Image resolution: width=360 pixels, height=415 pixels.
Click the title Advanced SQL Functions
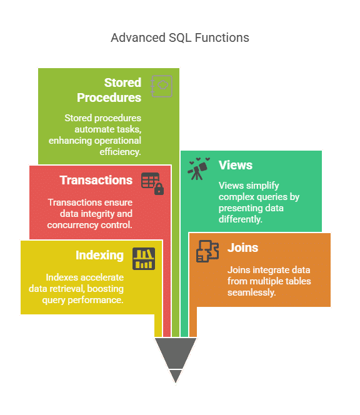[180, 37]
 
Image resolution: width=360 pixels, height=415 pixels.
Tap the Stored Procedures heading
[109, 90]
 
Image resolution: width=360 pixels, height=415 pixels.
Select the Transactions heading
[96, 180]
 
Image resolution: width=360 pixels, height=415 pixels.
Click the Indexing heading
[99, 256]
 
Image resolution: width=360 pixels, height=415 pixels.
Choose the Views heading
[236, 165]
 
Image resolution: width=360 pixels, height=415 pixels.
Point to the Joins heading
[242, 247]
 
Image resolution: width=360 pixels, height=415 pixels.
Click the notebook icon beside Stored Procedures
[161, 86]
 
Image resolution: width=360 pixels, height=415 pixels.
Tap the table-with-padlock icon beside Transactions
[152, 184]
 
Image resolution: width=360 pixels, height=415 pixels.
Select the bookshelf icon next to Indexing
[144, 259]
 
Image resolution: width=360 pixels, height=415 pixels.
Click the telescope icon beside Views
[199, 169]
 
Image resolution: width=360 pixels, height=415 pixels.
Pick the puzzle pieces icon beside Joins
[207, 251]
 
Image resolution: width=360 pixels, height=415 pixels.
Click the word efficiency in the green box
[120, 152]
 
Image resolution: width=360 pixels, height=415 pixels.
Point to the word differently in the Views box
[241, 219]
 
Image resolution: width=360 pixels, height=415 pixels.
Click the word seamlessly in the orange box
[251, 292]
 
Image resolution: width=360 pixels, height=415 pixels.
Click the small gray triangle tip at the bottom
[176, 376]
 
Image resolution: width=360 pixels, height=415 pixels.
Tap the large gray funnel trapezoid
[176, 352]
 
